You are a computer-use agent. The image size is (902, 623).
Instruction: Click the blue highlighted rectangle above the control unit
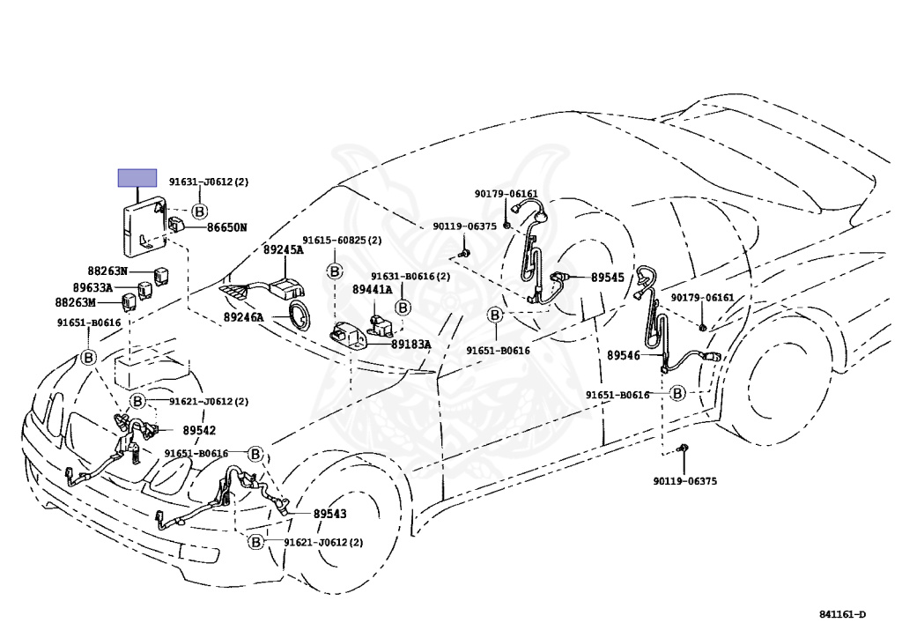[x=137, y=178]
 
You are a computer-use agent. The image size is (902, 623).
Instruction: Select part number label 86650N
[x=226, y=228]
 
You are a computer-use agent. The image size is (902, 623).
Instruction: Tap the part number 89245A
[x=283, y=249]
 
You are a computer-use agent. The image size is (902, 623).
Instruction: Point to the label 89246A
[x=243, y=317]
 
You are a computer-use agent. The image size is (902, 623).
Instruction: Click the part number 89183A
[x=410, y=344]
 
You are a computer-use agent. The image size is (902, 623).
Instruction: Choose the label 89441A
[x=372, y=290]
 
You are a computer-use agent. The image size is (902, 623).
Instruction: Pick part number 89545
[x=608, y=278]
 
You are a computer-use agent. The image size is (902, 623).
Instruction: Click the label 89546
[x=624, y=355]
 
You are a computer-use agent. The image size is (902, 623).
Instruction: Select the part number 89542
[x=199, y=430]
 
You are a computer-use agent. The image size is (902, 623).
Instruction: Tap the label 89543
[x=329, y=514]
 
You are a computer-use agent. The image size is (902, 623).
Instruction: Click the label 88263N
[x=107, y=271]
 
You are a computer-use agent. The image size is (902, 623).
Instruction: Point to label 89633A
[x=92, y=287]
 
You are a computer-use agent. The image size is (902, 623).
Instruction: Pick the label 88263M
[x=76, y=302]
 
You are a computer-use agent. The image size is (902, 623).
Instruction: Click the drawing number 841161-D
[x=843, y=614]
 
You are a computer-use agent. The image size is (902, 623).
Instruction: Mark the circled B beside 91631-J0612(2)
[x=199, y=211]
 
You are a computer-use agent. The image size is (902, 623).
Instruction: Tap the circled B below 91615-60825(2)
[x=335, y=271]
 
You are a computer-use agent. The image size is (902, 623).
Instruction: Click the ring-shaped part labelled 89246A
[x=299, y=315]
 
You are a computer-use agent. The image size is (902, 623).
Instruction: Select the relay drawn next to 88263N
[x=159, y=276]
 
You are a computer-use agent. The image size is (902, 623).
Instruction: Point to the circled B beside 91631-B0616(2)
[x=403, y=308]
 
